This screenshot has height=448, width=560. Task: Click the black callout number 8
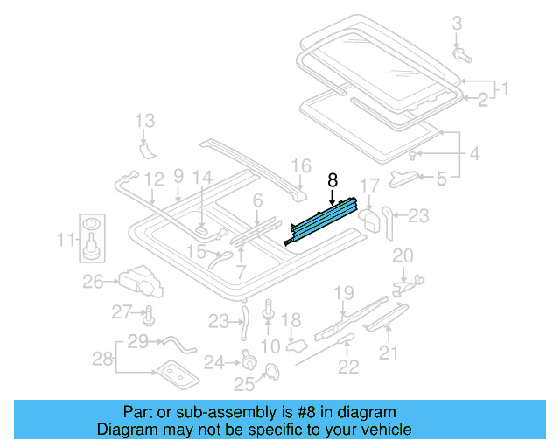click(x=332, y=179)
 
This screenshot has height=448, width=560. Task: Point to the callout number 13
click(x=144, y=120)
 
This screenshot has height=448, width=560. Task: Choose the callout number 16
click(x=300, y=165)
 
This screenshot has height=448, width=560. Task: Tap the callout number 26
click(x=94, y=281)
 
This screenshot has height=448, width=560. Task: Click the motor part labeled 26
click(x=140, y=278)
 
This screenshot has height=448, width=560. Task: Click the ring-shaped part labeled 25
click(x=269, y=373)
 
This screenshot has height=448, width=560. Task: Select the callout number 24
click(x=214, y=360)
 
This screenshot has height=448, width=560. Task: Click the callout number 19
click(x=343, y=292)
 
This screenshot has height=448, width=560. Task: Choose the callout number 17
click(x=370, y=185)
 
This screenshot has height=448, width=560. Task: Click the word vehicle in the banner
click(x=383, y=430)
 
